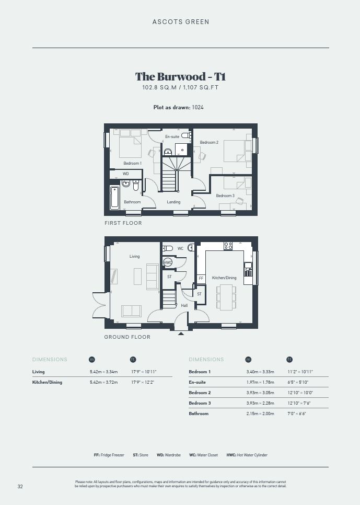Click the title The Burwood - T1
coord(180,77)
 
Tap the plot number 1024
coord(198,107)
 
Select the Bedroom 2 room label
coord(209,142)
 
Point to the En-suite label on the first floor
coord(172,136)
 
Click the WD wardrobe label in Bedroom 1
coord(125,174)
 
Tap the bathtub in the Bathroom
coord(114,198)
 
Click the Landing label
coord(173,202)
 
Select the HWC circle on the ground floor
coord(168,262)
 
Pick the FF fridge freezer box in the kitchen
coord(201,279)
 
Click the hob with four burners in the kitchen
coord(228,246)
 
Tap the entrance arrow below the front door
coord(181,334)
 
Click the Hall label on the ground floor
coord(184,305)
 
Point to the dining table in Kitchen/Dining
coord(226,297)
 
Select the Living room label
coord(135,256)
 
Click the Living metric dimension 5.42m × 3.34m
coord(103,372)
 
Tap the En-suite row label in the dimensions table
coord(197,382)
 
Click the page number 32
coord(20,486)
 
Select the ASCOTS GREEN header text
coord(181,22)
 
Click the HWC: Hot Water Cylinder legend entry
coord(247,455)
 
